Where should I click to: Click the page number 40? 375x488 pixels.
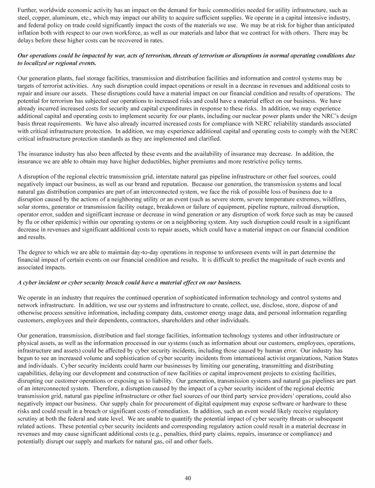click(x=187, y=478)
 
